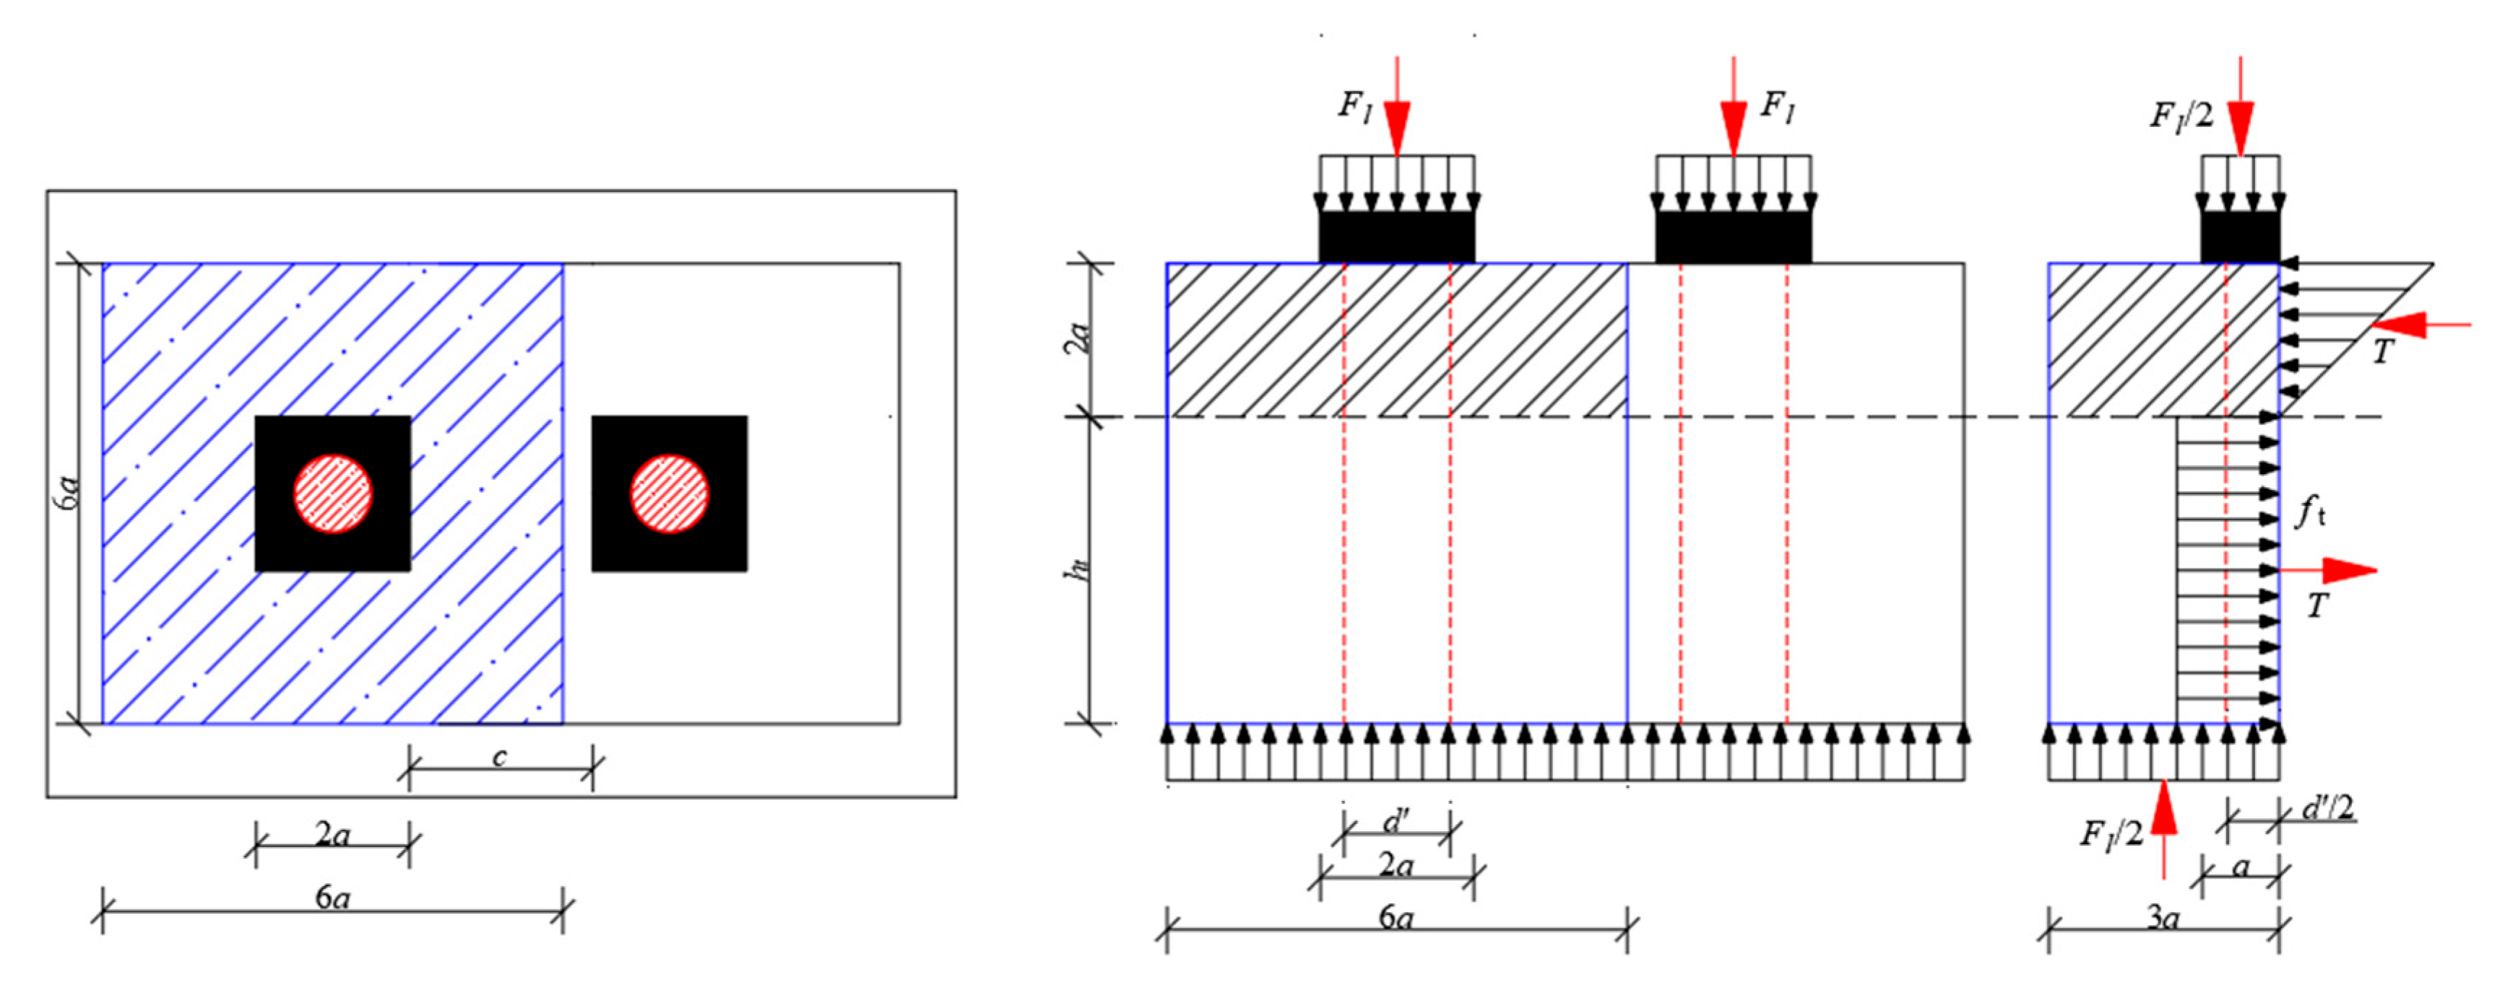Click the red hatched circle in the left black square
332,494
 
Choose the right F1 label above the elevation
1778,105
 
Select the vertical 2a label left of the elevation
1079,338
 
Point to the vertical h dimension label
1078,569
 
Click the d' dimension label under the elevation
1396,822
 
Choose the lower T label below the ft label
2319,606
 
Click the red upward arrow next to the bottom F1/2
2163,826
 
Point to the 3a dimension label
2163,917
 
